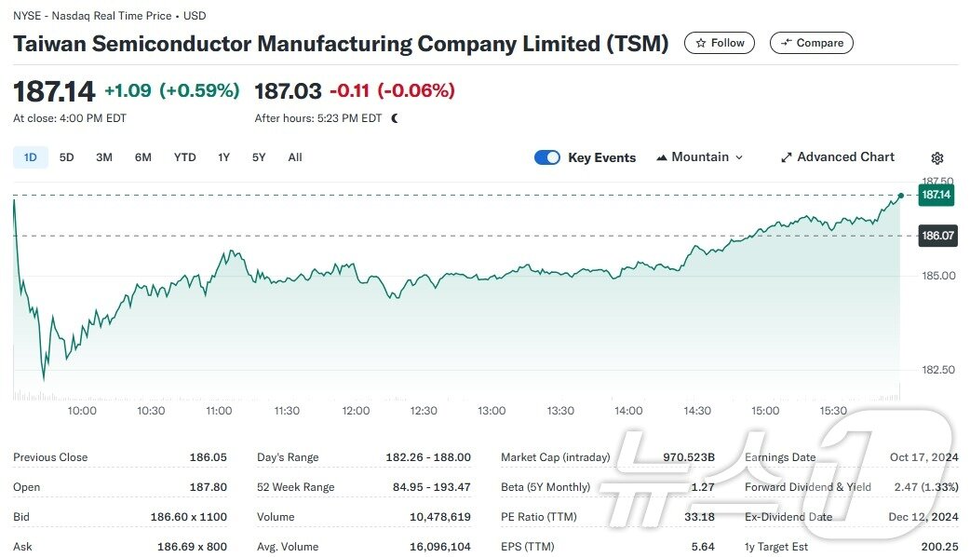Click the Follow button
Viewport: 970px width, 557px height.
720,43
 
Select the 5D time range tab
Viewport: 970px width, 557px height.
66,157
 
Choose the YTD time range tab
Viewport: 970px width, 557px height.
184,157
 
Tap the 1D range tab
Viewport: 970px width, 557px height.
30,157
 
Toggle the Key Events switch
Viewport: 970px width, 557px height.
547,157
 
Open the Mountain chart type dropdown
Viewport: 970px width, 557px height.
700,157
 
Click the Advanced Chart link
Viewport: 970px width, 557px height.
837,157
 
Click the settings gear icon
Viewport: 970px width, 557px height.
937,158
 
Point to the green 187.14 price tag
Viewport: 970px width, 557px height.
936,195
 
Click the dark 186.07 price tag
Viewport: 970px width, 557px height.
937,236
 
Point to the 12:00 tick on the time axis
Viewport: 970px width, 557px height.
356,411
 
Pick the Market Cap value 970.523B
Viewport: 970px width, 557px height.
689,457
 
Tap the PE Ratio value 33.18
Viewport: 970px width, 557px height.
699,517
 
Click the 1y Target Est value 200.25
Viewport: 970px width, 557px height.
937,547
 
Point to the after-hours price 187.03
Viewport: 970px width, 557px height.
289,91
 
